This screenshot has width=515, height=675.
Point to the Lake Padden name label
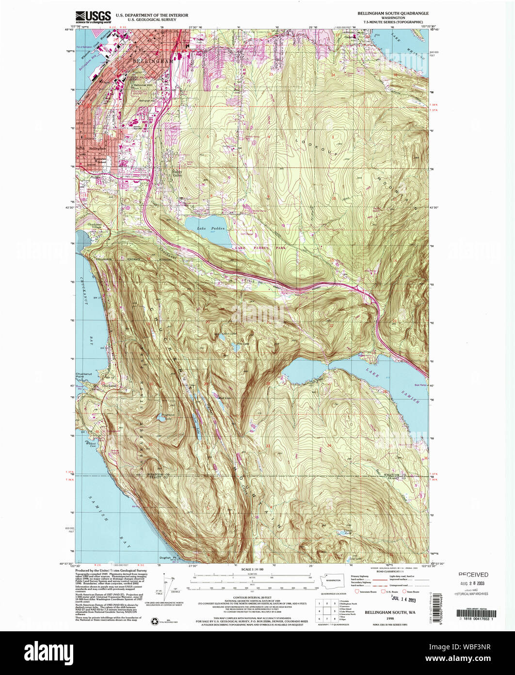coord(205,228)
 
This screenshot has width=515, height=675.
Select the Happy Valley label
coord(179,173)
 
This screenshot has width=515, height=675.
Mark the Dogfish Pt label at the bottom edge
coord(166,557)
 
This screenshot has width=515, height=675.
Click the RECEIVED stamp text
coord(473,574)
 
